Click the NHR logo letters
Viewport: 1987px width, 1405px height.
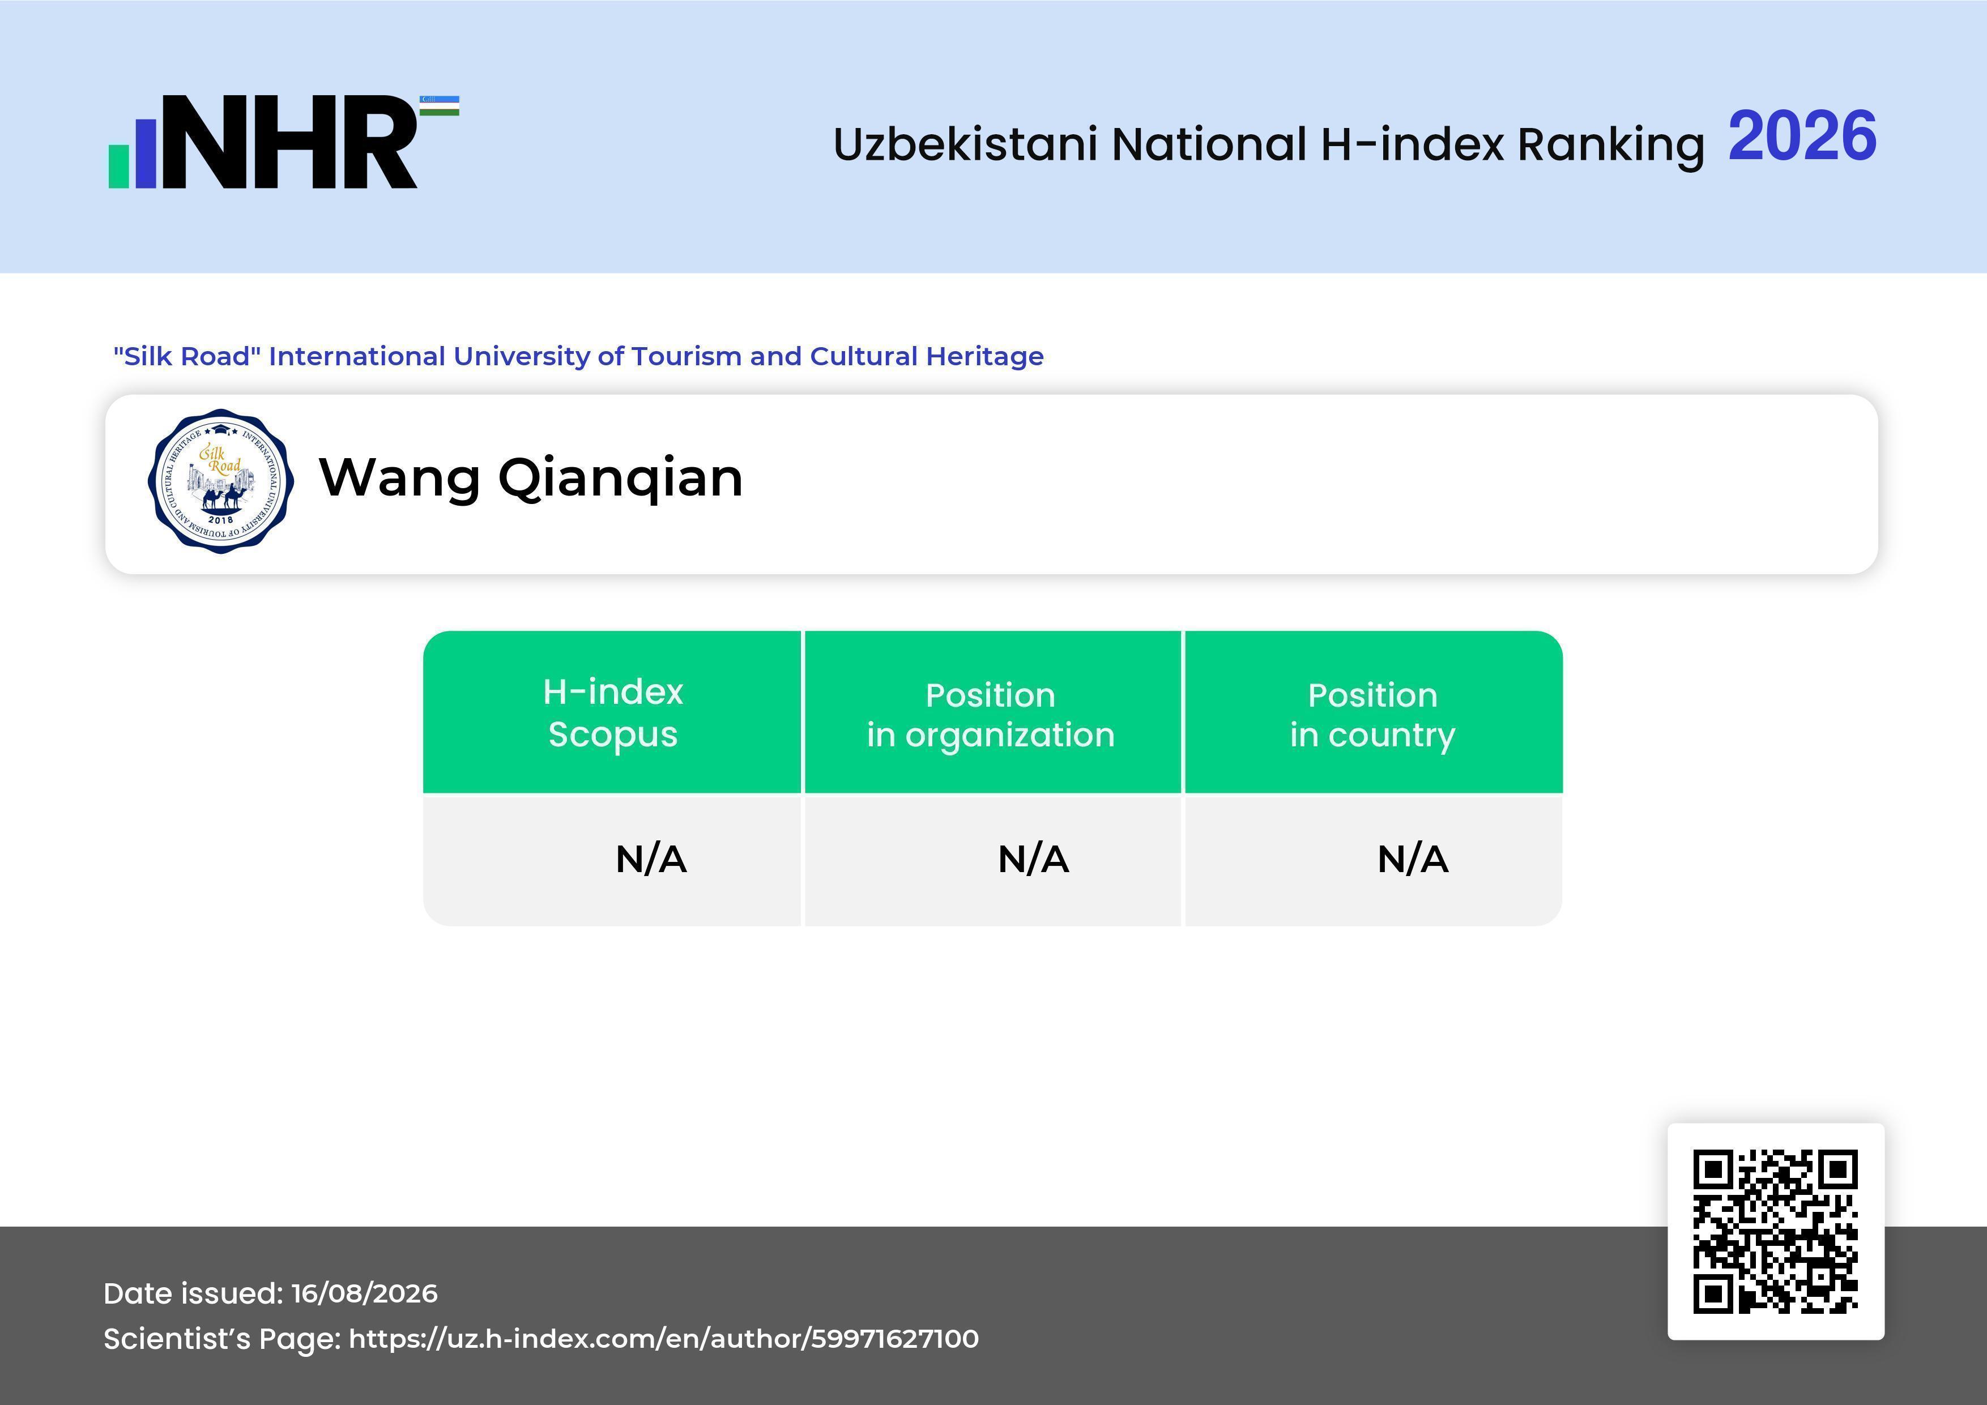(x=289, y=142)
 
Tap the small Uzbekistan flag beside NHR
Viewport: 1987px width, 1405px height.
(x=440, y=105)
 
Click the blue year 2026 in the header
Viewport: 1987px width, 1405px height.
(x=1802, y=136)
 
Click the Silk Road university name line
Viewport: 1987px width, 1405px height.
(x=578, y=356)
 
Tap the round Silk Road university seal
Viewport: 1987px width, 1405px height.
(x=221, y=481)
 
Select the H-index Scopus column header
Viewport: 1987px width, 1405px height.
(x=613, y=713)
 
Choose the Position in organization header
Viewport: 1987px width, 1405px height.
(x=991, y=715)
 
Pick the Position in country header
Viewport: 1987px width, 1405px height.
(x=1372, y=715)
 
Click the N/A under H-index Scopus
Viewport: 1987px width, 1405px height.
(x=651, y=859)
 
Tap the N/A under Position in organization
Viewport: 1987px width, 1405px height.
(x=1033, y=859)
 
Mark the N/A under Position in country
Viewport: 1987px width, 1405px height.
(x=1412, y=859)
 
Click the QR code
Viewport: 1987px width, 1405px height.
(x=1776, y=1231)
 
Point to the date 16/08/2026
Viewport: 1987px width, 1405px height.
(x=364, y=1293)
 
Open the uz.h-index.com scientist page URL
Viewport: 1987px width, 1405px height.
(x=664, y=1338)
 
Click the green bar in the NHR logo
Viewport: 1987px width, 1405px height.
(x=118, y=166)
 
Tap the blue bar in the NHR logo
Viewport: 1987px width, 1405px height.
(x=146, y=153)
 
